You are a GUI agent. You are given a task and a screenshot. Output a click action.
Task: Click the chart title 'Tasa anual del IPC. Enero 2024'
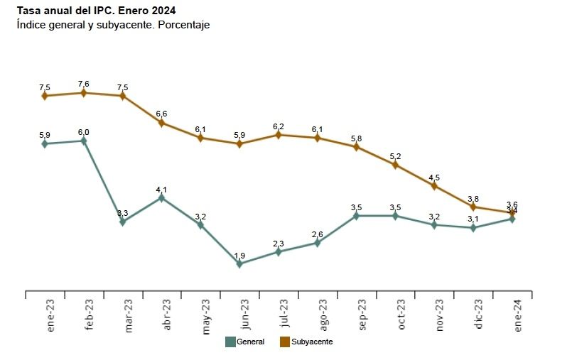point(96,11)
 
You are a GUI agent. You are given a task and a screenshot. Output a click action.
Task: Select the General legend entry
point(245,342)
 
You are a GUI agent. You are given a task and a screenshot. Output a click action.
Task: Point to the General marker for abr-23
point(161,198)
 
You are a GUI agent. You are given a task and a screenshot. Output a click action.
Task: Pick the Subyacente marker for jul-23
point(279,135)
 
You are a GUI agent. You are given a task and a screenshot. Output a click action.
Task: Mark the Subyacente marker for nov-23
point(434,186)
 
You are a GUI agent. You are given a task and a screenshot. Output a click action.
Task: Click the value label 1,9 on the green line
point(239,256)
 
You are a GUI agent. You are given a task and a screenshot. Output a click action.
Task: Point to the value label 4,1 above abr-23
point(161,190)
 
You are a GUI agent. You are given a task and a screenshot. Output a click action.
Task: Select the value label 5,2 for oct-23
point(395,156)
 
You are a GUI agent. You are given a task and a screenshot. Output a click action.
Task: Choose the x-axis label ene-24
point(518,315)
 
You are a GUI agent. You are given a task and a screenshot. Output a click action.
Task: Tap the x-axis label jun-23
point(245,315)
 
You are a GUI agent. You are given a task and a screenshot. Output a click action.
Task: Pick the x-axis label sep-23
point(362,315)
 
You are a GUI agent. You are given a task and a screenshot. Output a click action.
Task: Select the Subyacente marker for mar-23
point(123,96)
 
